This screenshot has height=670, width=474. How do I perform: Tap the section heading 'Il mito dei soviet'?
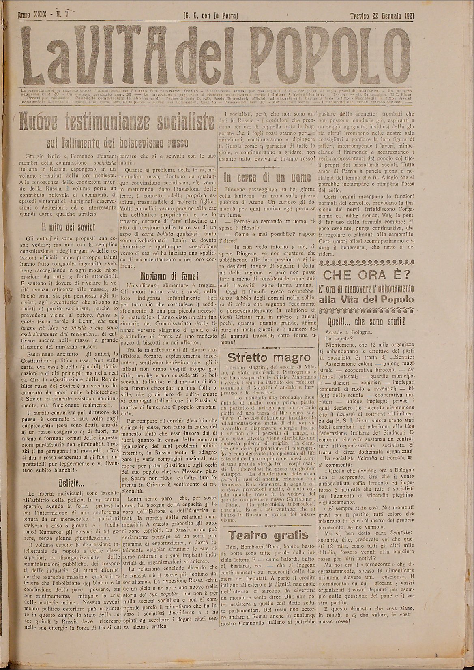(68, 227)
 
